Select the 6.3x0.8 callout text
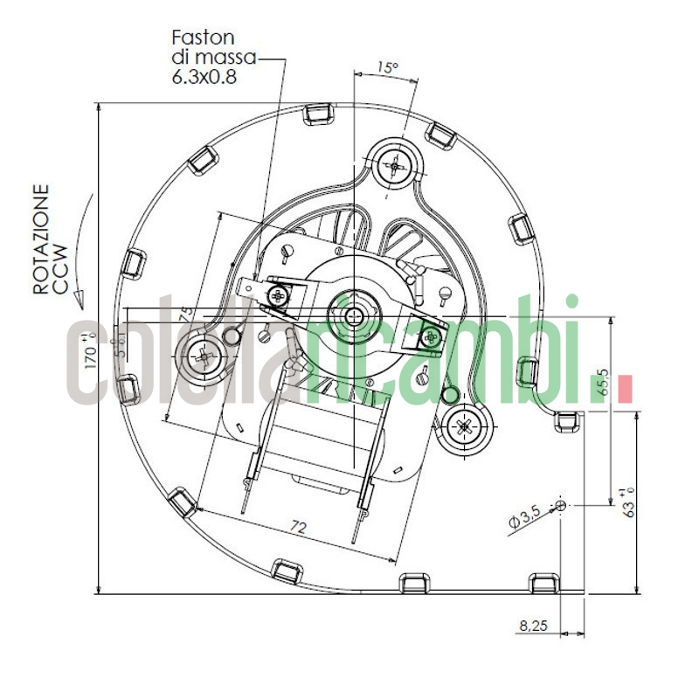(205, 76)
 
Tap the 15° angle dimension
(387, 67)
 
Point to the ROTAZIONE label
(40, 238)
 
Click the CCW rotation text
(59, 253)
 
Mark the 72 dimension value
(298, 527)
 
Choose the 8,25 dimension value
(532, 626)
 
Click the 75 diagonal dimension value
(185, 315)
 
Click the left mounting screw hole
(203, 356)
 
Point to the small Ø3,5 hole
(560, 505)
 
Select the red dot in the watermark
(625, 390)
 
